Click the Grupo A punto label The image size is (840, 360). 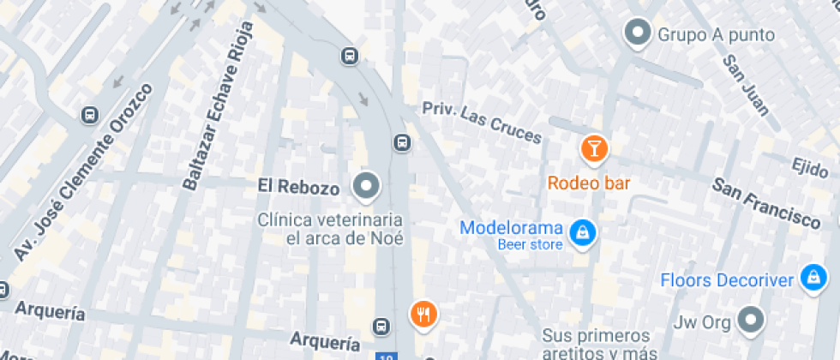click(x=716, y=35)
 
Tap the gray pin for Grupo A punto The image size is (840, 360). click(x=637, y=33)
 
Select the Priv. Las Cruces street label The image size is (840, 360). click(x=482, y=122)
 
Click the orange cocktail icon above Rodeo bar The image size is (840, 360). click(x=593, y=148)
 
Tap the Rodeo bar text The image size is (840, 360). click(x=589, y=183)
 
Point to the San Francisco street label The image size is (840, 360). click(x=767, y=202)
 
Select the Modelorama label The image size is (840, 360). click(x=511, y=229)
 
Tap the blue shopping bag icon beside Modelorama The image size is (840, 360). click(x=583, y=231)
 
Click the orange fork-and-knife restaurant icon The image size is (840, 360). click(x=423, y=314)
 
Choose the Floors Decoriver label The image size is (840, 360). click(x=728, y=280)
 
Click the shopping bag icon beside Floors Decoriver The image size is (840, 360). click(x=811, y=277)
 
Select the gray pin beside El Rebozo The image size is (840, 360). click(x=367, y=185)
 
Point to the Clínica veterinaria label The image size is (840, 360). click(x=331, y=228)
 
